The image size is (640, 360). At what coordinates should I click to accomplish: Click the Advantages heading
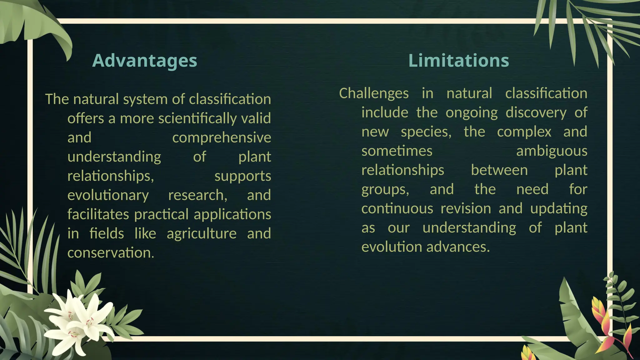[x=145, y=60]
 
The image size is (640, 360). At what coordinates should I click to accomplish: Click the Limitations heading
[x=458, y=60]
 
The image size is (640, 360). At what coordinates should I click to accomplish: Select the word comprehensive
[x=221, y=138]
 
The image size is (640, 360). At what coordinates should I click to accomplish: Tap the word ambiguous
[x=552, y=151]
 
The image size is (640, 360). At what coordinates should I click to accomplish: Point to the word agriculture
[x=202, y=234]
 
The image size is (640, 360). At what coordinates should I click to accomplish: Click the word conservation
[x=111, y=253]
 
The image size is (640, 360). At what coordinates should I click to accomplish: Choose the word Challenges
[x=374, y=93]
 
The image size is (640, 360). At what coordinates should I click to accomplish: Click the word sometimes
[x=397, y=151]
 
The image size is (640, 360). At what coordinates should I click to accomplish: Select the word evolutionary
[x=108, y=195]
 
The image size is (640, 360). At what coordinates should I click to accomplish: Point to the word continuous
[x=397, y=209]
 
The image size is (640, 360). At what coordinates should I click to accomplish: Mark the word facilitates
[x=98, y=215]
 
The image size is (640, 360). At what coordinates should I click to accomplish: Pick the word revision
[x=466, y=209]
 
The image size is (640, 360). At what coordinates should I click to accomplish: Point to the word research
[x=197, y=195]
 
